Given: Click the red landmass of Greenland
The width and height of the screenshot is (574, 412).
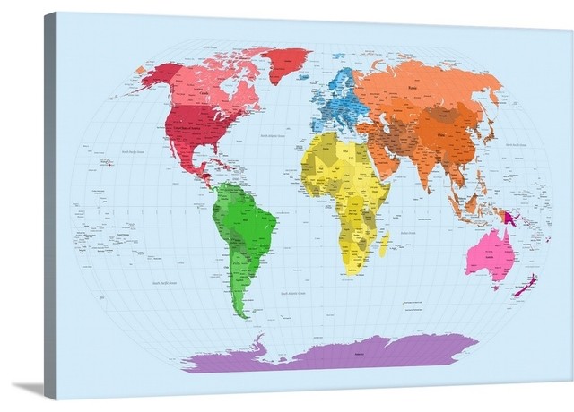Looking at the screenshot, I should (285, 63).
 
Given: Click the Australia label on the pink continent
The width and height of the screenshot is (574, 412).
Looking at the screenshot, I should (489, 249).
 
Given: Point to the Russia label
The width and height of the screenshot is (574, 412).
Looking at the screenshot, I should (412, 88).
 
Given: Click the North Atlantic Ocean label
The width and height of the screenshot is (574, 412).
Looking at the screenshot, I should (274, 135).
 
